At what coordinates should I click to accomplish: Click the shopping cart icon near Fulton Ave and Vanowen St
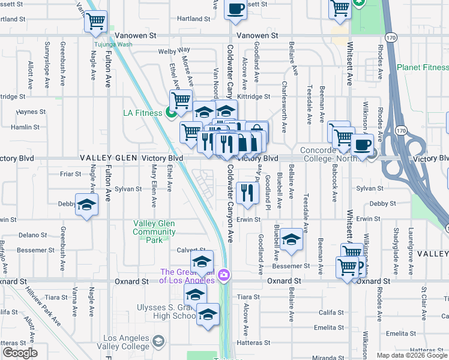[96, 22]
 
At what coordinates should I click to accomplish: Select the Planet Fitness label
[422, 67]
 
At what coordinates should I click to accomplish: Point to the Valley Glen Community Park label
[154, 232]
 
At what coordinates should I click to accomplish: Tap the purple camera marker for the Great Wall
[224, 275]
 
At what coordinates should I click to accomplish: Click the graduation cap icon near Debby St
[86, 205]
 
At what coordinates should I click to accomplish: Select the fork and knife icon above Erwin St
[247, 193]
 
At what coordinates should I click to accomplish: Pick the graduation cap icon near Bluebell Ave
[291, 239]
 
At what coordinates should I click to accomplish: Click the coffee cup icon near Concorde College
[362, 145]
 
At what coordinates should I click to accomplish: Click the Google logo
[19, 353]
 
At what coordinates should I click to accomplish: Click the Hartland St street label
[194, 19]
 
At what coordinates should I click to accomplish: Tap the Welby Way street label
[174, 50]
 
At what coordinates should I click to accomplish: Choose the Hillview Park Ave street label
[51, 306]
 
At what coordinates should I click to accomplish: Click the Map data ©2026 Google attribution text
[411, 355]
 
